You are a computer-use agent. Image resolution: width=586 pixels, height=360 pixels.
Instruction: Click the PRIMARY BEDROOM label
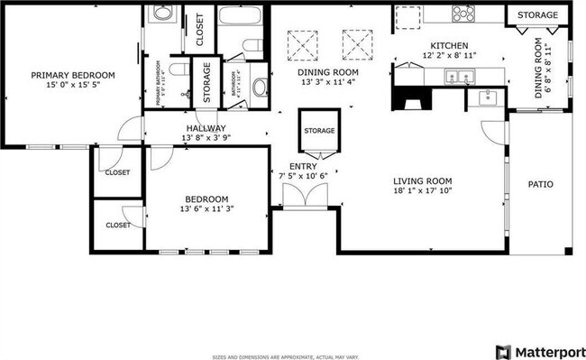coord(73,76)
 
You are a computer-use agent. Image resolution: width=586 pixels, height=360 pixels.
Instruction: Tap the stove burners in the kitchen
coord(463,14)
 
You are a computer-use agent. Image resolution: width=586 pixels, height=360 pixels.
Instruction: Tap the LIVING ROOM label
coord(421,180)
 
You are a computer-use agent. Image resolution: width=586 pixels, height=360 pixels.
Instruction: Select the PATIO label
coord(541,185)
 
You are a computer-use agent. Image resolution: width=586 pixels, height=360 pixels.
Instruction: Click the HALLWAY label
coord(206,129)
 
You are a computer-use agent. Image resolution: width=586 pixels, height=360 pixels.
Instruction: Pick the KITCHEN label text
coord(448,46)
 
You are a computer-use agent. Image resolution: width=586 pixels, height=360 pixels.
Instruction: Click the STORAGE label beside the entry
coord(319,131)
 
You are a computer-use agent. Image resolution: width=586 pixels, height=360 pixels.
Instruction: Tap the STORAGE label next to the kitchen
coord(537,14)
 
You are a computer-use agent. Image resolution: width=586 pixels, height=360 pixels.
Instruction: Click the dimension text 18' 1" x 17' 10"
coord(421,190)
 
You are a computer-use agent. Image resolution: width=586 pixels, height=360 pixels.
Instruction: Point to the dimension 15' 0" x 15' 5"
coord(73,87)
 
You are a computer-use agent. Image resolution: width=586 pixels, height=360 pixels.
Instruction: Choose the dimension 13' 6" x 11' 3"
coord(206,209)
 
